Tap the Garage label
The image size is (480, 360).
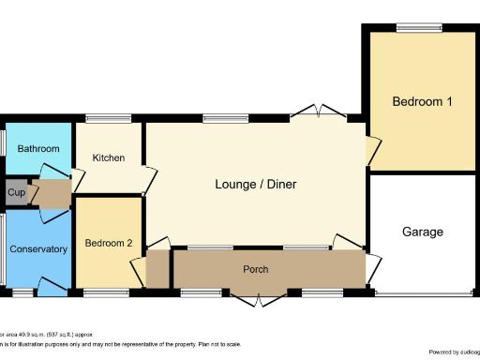click(x=422, y=232)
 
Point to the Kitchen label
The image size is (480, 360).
click(x=109, y=157)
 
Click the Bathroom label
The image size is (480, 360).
click(x=38, y=148)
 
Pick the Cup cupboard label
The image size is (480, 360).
click(x=16, y=193)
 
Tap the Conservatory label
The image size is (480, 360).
click(x=38, y=249)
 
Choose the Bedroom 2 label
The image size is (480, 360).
click(x=109, y=244)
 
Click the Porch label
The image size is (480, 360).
click(x=256, y=270)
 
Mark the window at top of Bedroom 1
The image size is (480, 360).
click(x=418, y=27)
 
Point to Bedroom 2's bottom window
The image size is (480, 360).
click(x=106, y=293)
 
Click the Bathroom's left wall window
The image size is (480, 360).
click(x=2, y=143)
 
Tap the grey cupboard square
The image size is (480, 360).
click(x=16, y=193)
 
